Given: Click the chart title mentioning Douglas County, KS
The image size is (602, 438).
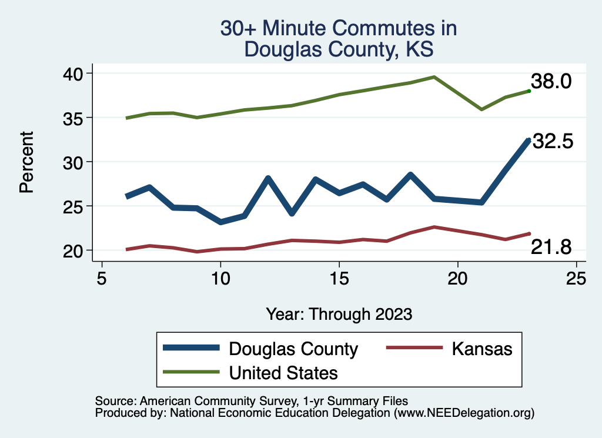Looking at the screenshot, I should pyautogui.click(x=339, y=39).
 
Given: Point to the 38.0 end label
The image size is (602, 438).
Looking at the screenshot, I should pyautogui.click(x=551, y=82).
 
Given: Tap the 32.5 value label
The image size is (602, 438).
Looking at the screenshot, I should pyautogui.click(x=552, y=142).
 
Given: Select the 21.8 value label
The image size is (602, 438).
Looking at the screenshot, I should pyautogui.click(x=551, y=248).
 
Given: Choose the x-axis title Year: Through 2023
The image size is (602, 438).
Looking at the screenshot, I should pyautogui.click(x=339, y=313).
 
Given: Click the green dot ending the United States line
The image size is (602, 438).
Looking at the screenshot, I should pyautogui.click(x=529, y=91).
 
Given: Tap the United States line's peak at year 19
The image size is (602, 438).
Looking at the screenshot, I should pyautogui.click(x=434, y=77).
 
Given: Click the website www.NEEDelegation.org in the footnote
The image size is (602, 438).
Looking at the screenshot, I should pyautogui.click(x=464, y=414).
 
